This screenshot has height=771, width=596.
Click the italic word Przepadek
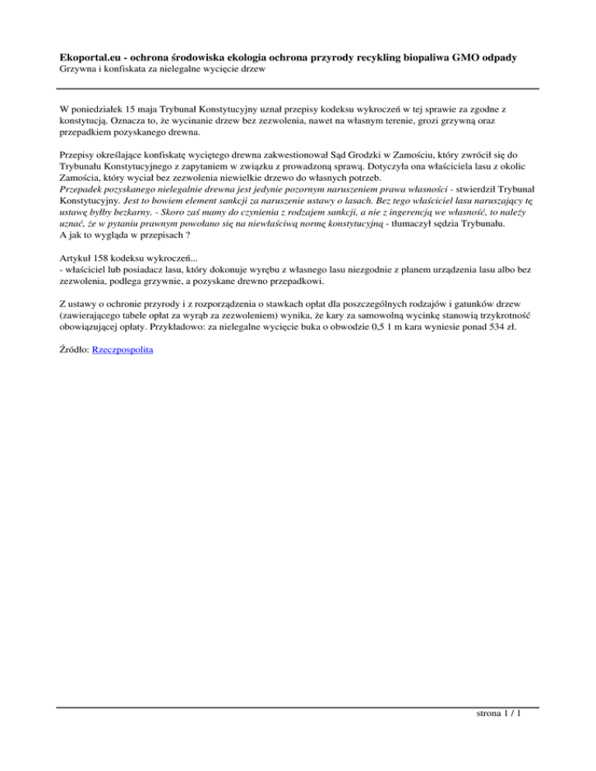[85, 188]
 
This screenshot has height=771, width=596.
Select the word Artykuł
[75, 257]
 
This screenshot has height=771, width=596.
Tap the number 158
[104, 257]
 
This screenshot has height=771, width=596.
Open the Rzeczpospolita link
[122, 351]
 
